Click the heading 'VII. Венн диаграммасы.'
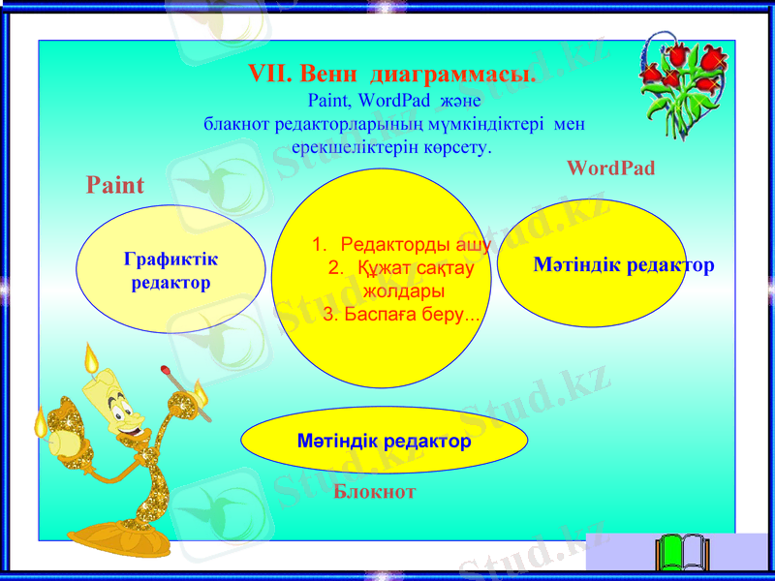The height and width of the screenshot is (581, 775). tap(392, 75)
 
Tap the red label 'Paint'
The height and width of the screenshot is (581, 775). tap(115, 185)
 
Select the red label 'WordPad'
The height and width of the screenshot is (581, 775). tap(610, 168)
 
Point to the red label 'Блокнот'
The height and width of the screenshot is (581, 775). tap(375, 491)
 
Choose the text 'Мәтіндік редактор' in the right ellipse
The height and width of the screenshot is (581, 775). tap(624, 264)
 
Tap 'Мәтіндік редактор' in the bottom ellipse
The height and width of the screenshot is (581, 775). tap(385, 442)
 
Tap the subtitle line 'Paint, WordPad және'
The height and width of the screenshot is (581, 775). tap(387, 100)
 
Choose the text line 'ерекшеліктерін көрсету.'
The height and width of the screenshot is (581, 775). tap(391, 148)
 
